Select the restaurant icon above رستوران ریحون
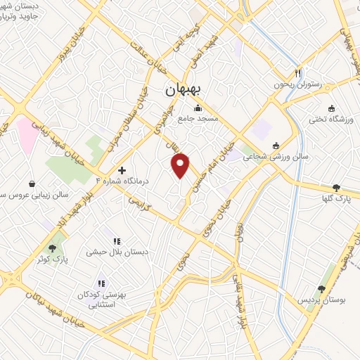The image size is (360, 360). click(x=298, y=73)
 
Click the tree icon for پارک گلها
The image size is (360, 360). click(x=337, y=188)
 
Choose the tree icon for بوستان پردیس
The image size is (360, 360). click(x=321, y=289)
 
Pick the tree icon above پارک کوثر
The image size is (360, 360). click(x=52, y=248)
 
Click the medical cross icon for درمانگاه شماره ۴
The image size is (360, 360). click(x=122, y=170)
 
